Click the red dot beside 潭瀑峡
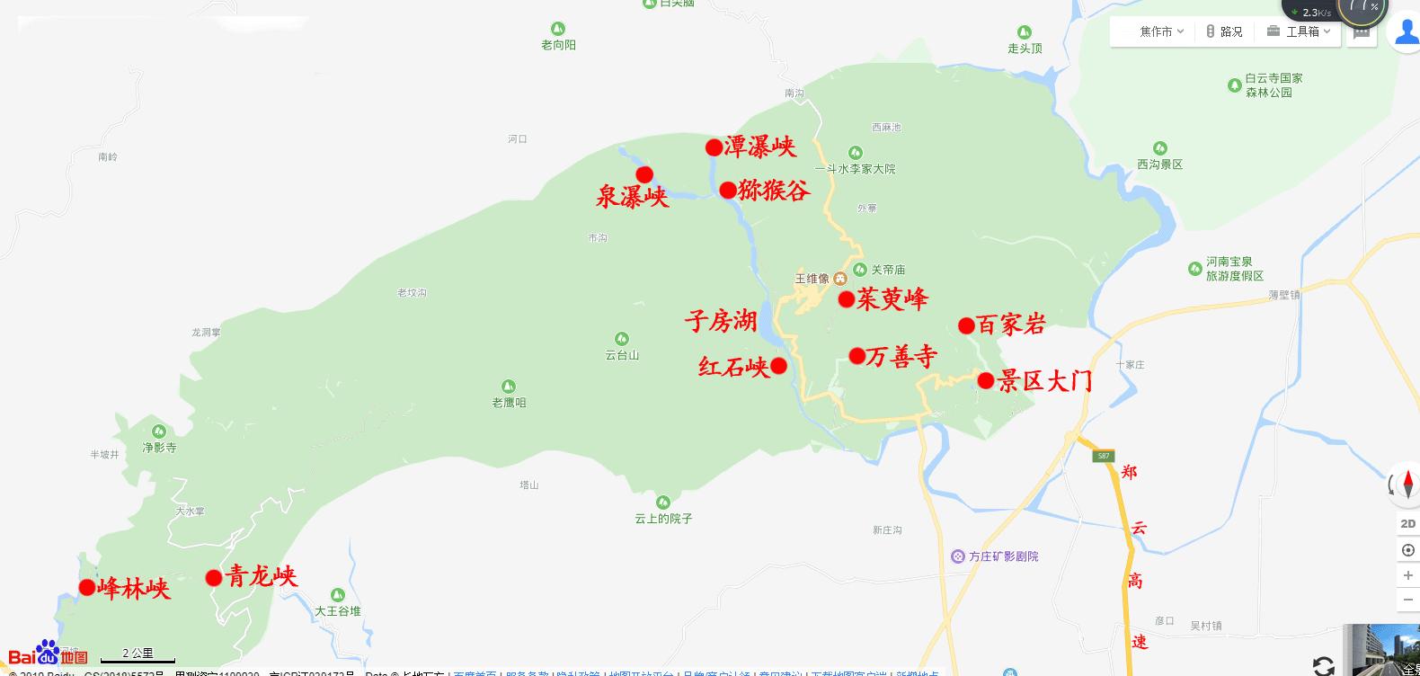coord(714,147)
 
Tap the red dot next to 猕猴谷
coord(728,191)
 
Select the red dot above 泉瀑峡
coord(644,174)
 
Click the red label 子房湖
coord(721,321)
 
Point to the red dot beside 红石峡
coord(779,366)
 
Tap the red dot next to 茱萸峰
coord(846,300)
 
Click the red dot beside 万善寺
coord(857,357)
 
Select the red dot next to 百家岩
coord(966,325)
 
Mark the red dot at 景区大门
coord(986,381)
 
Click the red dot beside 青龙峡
coord(214,578)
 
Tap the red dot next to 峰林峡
coord(87,588)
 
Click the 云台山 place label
coord(622,355)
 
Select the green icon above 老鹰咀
coord(509,387)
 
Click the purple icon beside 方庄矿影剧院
coord(958,556)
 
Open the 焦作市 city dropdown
coord(1161,31)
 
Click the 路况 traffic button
coord(1224,31)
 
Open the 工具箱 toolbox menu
coord(1298,31)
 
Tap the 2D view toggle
coord(1407,523)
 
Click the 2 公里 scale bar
coord(138,655)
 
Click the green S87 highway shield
coord(1104,456)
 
